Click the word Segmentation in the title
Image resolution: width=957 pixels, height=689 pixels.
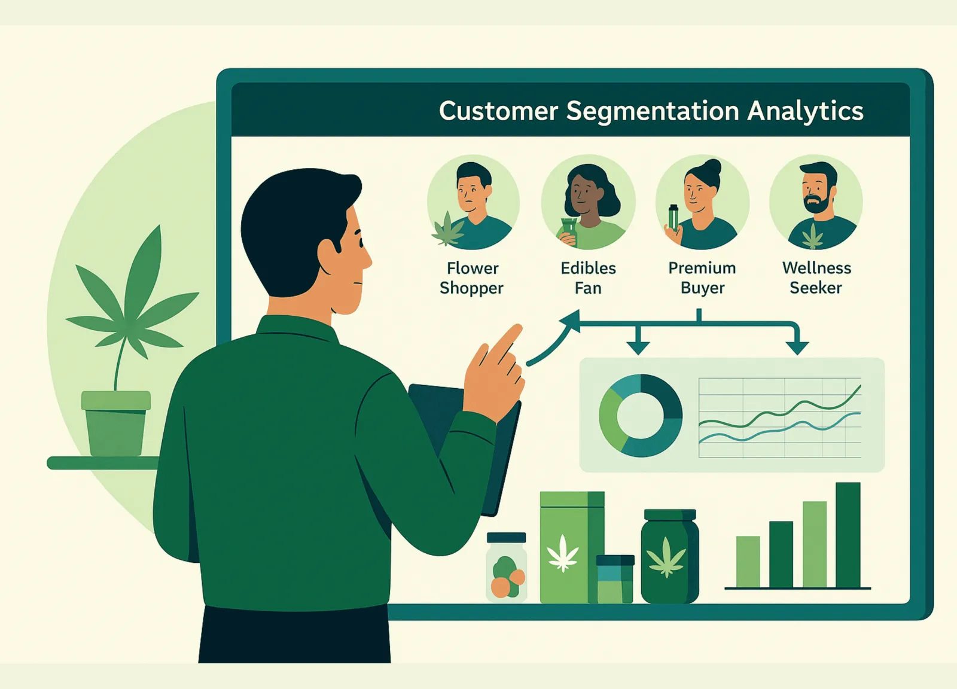653,112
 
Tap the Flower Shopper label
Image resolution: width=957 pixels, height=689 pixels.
472,278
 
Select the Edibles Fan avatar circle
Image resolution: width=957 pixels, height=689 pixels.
589,202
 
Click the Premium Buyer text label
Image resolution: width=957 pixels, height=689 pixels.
702,278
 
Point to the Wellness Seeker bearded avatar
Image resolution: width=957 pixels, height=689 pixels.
816,202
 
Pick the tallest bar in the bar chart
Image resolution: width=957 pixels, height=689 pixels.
848,535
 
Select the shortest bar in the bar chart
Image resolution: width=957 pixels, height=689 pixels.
748,562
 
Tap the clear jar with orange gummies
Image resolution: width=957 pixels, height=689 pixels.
506,567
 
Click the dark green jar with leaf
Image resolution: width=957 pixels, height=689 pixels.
669,556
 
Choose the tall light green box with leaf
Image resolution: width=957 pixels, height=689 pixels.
572,547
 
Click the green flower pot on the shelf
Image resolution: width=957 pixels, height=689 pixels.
116,423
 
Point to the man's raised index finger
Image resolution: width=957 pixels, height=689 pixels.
508,342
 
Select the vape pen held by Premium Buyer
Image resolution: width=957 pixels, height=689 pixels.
673,218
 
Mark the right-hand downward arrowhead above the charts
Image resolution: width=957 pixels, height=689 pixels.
797,347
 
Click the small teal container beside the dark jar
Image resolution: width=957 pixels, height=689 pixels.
615,579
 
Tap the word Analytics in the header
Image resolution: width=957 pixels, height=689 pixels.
805,112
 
